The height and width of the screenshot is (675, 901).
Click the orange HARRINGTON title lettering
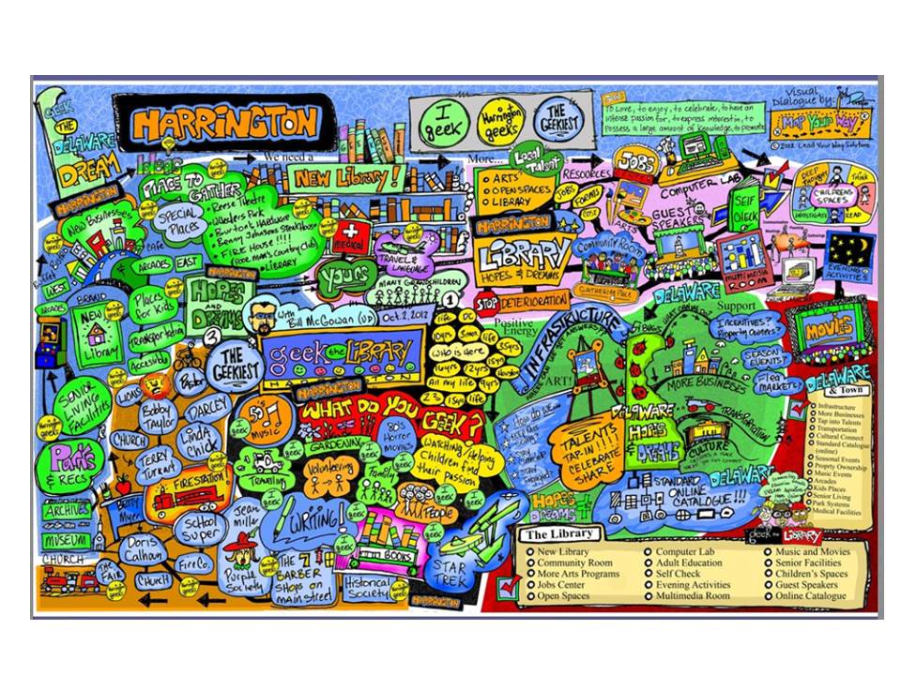[x=224, y=121]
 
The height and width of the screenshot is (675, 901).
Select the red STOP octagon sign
[x=485, y=303]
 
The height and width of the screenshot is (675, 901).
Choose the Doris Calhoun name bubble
[x=141, y=548]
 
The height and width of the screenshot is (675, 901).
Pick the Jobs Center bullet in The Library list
[x=563, y=585]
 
